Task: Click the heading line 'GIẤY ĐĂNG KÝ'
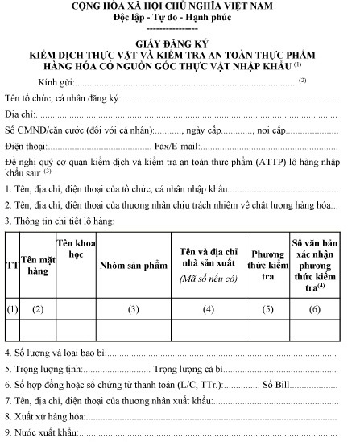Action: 178,46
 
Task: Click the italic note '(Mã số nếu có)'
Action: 209,279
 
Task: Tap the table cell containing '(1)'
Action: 12,309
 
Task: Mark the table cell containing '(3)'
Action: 133,309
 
